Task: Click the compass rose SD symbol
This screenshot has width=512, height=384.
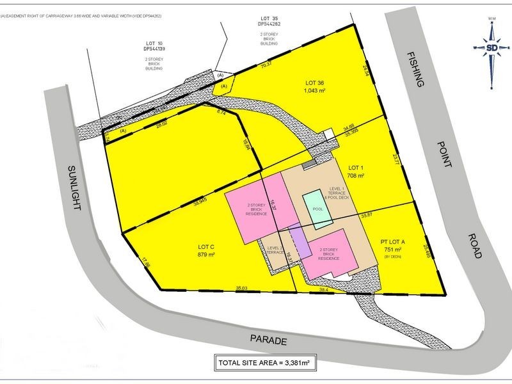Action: pyautogui.click(x=492, y=48)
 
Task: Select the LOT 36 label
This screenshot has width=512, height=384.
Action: pyautogui.click(x=316, y=83)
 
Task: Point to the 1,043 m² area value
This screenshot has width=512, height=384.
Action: pyautogui.click(x=316, y=91)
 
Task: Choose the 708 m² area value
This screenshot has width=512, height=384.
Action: pyautogui.click(x=355, y=175)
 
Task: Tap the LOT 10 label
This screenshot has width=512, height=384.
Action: pyautogui.click(x=154, y=42)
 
